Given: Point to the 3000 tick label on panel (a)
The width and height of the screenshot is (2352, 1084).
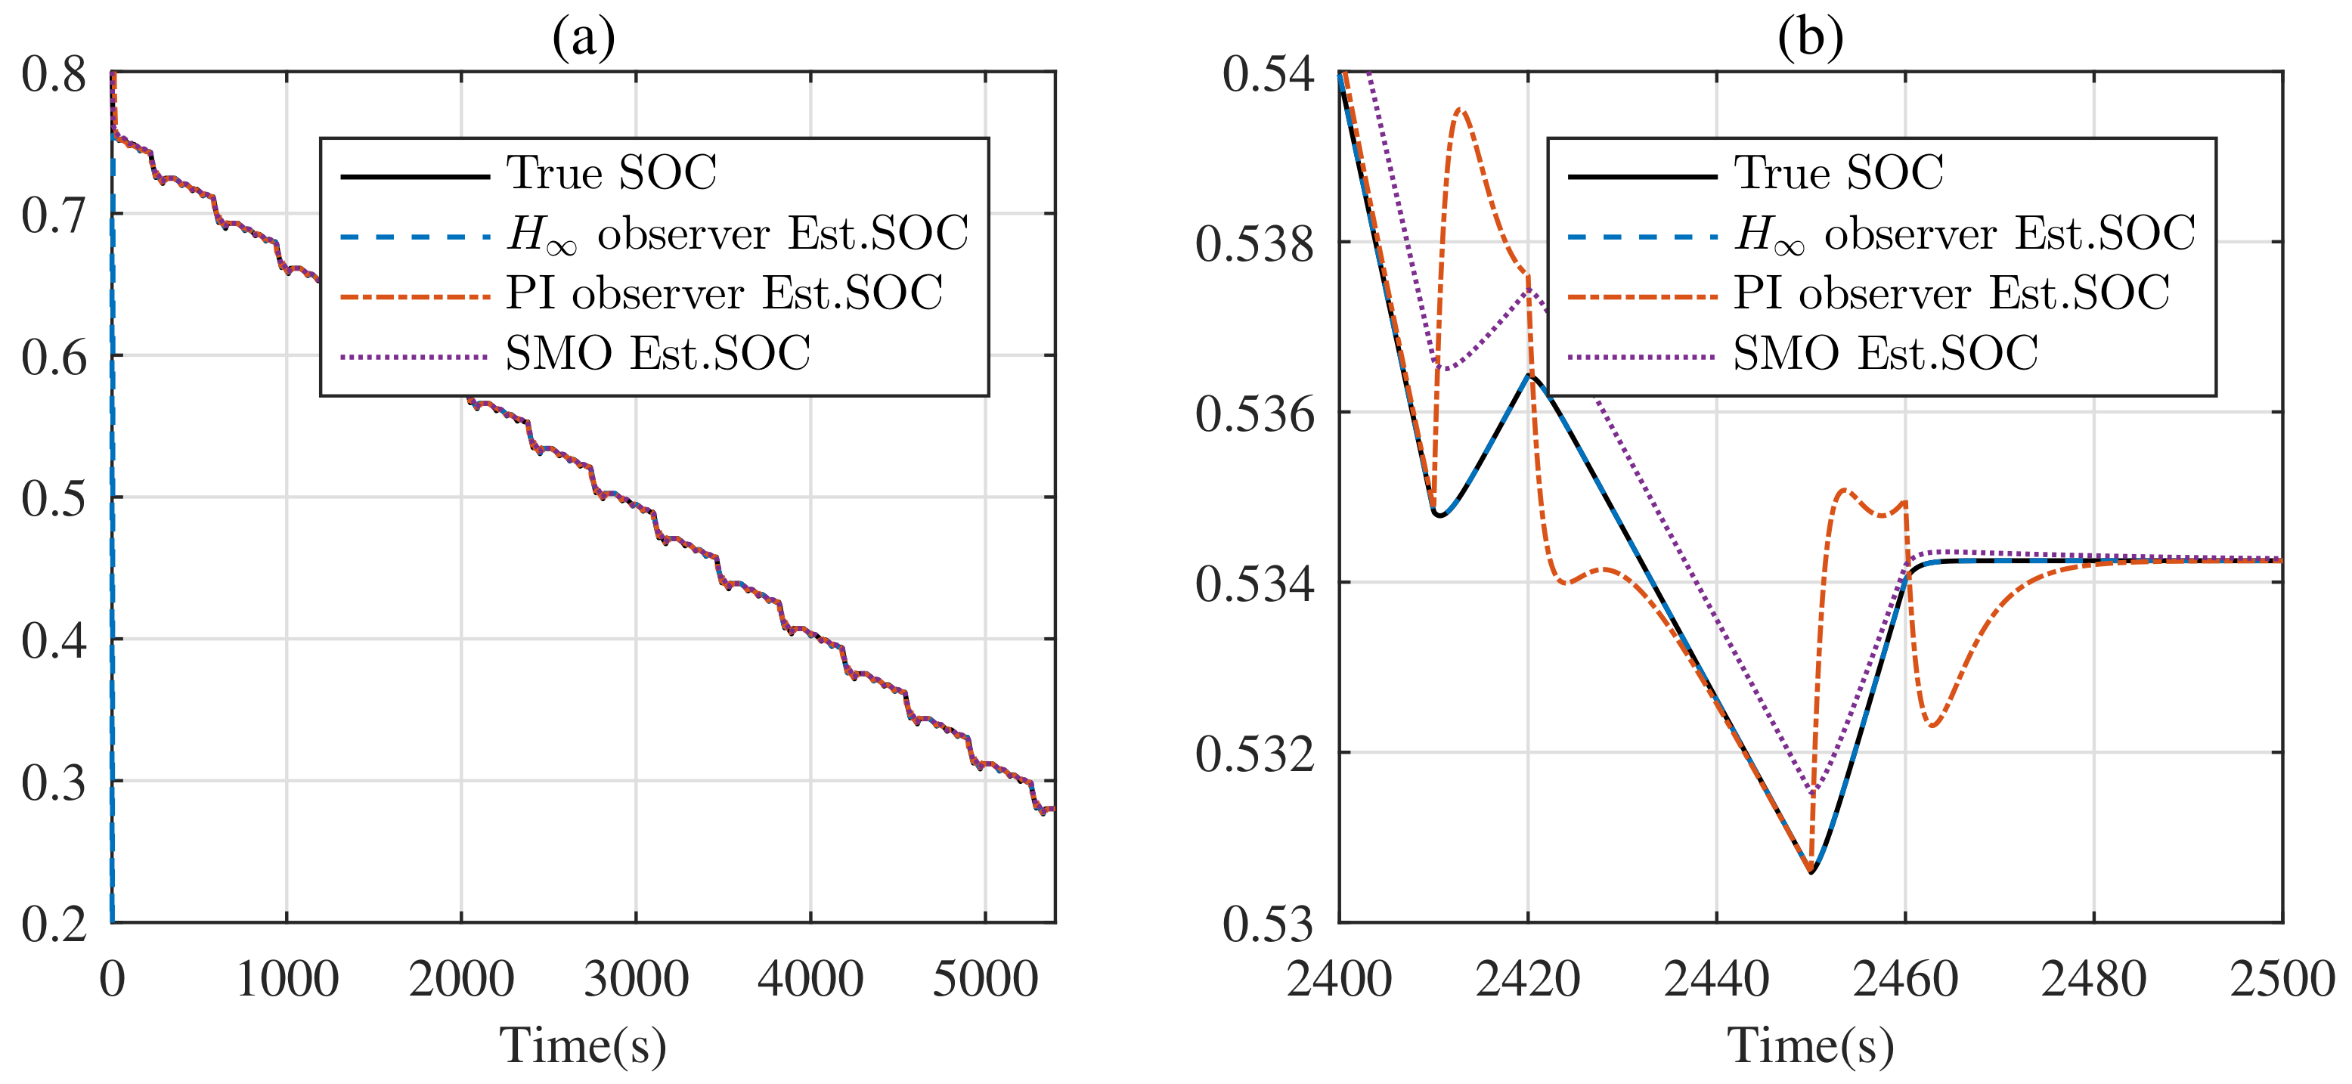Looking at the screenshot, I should pyautogui.click(x=636, y=980).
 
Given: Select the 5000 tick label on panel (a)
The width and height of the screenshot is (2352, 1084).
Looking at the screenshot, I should pyautogui.click(x=984, y=980).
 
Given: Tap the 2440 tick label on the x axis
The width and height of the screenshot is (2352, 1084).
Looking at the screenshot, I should pyautogui.click(x=1716, y=980).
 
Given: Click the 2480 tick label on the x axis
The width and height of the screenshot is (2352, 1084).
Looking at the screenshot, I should pyautogui.click(x=2093, y=980).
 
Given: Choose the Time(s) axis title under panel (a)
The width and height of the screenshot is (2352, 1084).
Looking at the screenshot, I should pyautogui.click(x=583, y=1045).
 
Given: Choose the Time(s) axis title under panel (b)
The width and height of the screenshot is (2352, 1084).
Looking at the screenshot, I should pyautogui.click(x=1811, y=1045).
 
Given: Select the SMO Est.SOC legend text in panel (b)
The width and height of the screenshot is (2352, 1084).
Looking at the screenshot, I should pyautogui.click(x=1886, y=354).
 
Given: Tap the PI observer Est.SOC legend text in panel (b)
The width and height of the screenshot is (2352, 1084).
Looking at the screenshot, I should pyautogui.click(x=1951, y=293).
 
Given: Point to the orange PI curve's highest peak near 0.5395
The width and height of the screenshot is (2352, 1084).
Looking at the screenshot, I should pyautogui.click(x=1461, y=110).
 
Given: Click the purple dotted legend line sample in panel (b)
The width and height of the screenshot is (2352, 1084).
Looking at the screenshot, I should pyautogui.click(x=1641, y=356).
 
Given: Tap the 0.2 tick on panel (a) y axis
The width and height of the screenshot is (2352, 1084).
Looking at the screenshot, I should pyautogui.click(x=54, y=924).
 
